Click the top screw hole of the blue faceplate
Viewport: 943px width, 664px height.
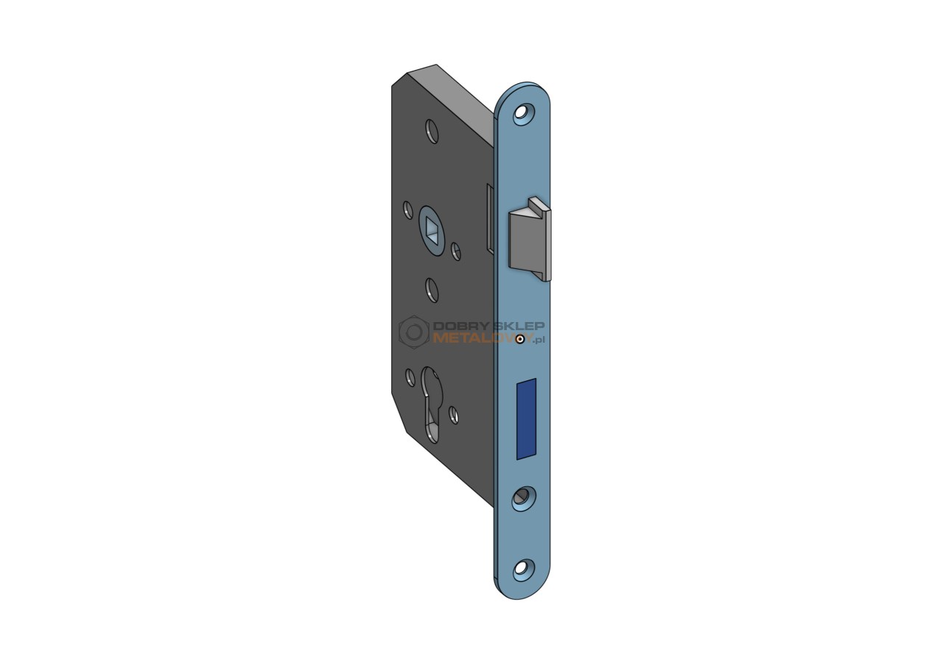tap(523, 113)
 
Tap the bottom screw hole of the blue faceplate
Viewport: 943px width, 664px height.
tap(523, 569)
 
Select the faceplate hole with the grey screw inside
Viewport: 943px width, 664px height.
tap(523, 500)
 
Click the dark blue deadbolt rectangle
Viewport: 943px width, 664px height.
tap(526, 419)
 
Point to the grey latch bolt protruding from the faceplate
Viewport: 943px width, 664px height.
tap(530, 239)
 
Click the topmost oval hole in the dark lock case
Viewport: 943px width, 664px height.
tap(432, 131)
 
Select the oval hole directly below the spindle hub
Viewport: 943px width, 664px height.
tap(432, 290)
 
